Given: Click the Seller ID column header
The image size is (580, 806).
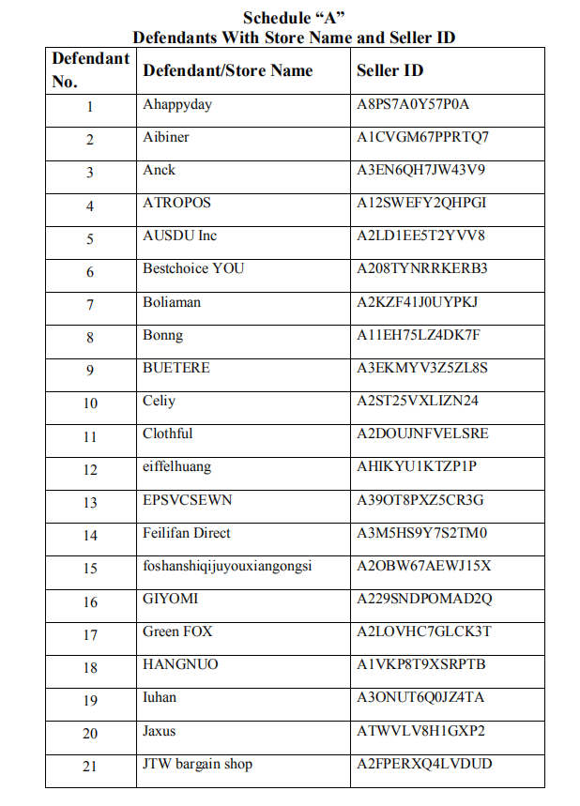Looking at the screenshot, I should [x=389, y=70].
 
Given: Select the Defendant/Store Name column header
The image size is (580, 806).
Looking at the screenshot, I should [x=227, y=70].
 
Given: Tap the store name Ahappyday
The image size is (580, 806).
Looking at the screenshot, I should [x=177, y=104].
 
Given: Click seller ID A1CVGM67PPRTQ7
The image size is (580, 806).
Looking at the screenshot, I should [x=422, y=137].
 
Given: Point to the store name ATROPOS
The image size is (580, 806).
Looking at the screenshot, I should [x=176, y=203].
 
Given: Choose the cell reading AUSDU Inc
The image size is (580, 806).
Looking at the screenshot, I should [x=179, y=236].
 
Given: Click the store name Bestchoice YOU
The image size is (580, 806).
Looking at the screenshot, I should [x=193, y=268].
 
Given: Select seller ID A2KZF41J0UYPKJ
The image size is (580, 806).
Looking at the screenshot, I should [x=417, y=302].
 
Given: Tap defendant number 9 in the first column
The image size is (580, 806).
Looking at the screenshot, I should [x=90, y=370].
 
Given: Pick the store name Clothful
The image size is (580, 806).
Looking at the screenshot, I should [x=168, y=433].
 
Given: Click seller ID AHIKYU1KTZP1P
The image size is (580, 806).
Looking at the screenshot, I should [x=416, y=466].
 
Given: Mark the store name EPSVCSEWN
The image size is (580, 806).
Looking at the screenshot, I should [x=187, y=500].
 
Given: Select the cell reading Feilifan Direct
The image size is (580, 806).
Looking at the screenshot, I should [x=186, y=533].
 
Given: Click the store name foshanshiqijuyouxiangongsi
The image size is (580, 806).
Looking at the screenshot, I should [x=227, y=566].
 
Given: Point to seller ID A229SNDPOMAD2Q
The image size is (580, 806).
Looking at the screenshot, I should [x=424, y=599].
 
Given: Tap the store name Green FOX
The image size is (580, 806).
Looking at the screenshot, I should [x=177, y=631].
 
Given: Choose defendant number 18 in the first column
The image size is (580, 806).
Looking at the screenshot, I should [x=90, y=668].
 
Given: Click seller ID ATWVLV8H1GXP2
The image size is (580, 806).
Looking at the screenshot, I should [x=420, y=731].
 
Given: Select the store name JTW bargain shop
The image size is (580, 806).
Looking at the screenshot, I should [x=197, y=764].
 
